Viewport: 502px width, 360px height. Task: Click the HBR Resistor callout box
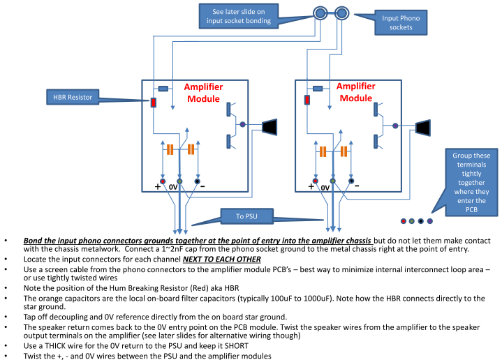coord(73,97)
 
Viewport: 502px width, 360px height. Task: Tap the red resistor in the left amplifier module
coord(154,103)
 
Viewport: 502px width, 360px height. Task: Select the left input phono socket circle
coord(320,13)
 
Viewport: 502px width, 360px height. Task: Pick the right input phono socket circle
coord(342,13)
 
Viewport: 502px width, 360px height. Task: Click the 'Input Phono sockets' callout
coord(401,22)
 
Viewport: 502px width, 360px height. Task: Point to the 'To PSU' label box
coord(246,216)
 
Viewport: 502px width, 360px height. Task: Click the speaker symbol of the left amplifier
coord(270,127)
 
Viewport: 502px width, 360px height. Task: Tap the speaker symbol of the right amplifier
coord(423,128)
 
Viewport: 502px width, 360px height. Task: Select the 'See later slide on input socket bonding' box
coord(239,16)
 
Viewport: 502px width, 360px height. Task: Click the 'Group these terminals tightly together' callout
coord(471,182)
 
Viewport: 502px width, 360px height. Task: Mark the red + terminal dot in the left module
coord(163,181)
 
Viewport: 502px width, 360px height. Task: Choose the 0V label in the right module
coord(325,188)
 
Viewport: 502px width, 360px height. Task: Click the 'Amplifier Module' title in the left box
coord(203,93)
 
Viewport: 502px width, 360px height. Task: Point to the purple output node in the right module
coord(395,126)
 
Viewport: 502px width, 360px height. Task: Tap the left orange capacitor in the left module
coord(170,149)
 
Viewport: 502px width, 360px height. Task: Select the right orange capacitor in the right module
coord(344,151)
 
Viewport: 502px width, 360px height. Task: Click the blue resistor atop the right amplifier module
coord(318,89)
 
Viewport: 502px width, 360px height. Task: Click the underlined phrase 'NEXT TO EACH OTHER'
coord(222,260)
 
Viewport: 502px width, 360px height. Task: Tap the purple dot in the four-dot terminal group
coord(430,221)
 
